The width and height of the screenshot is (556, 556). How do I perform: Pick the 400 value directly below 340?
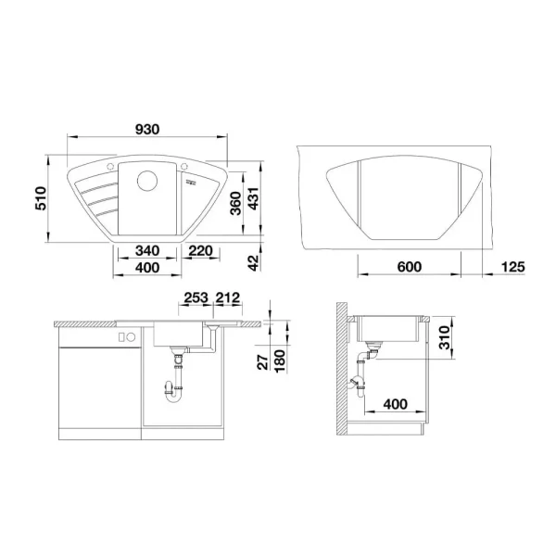146,268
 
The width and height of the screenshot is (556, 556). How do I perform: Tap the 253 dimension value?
195,298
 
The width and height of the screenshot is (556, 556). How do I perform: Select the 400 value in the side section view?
395,406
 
